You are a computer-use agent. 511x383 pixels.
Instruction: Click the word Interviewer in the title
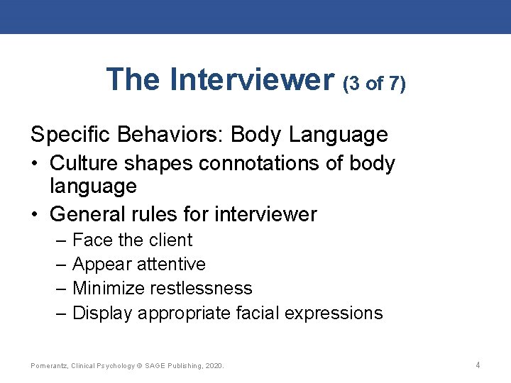point(251,79)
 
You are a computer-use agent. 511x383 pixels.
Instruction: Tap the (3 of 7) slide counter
point(374,84)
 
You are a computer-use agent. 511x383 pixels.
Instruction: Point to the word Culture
point(84,163)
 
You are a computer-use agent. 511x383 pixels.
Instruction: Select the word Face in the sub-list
point(92,240)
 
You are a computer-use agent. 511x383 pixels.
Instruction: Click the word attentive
point(170,265)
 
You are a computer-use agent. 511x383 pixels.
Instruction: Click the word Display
point(103,313)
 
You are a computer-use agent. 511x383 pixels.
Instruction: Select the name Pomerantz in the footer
point(49,366)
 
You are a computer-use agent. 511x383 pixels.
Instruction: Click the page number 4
point(478,365)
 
